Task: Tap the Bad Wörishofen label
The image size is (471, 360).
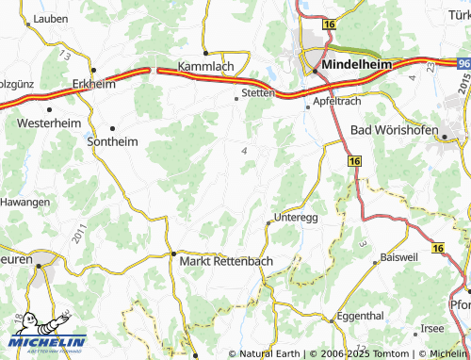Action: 396,128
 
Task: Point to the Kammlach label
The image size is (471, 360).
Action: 205,67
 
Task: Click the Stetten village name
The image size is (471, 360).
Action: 258,93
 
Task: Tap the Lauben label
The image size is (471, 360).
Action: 49,18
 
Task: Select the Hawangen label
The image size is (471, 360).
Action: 24,202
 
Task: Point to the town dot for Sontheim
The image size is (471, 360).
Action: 112,128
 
